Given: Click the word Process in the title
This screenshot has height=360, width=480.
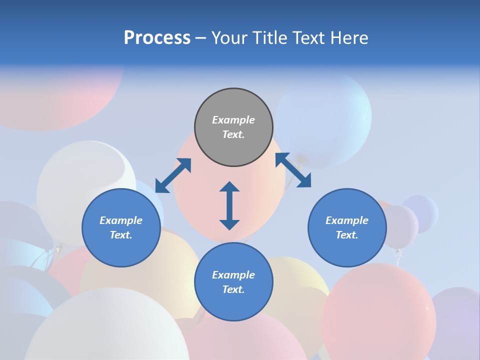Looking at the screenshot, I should (157, 38).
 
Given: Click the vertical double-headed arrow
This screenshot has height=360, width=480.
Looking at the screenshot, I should (229, 205).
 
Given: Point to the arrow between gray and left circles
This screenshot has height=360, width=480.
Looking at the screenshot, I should (173, 175).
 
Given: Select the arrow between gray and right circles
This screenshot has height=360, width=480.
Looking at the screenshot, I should (293, 170).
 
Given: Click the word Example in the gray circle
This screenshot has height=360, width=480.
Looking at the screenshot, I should (233, 120).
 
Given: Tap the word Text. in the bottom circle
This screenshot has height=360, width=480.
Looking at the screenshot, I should (233, 289).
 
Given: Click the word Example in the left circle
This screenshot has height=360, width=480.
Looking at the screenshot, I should (121, 220).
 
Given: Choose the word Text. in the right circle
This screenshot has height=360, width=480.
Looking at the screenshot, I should (347, 235).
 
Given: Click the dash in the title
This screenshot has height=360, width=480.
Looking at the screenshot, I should (200, 38).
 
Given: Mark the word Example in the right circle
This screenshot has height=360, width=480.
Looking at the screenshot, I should (347, 220).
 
